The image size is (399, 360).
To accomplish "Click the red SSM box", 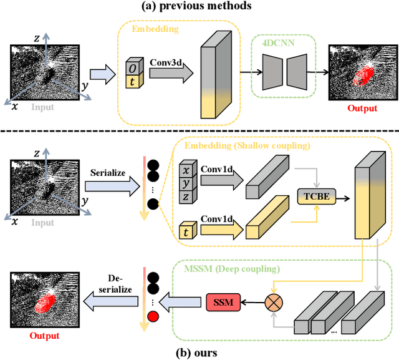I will [x=223, y=303].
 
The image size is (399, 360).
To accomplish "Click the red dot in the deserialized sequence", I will [x=153, y=316].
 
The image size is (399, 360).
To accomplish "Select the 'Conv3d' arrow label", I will [x=163, y=62].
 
